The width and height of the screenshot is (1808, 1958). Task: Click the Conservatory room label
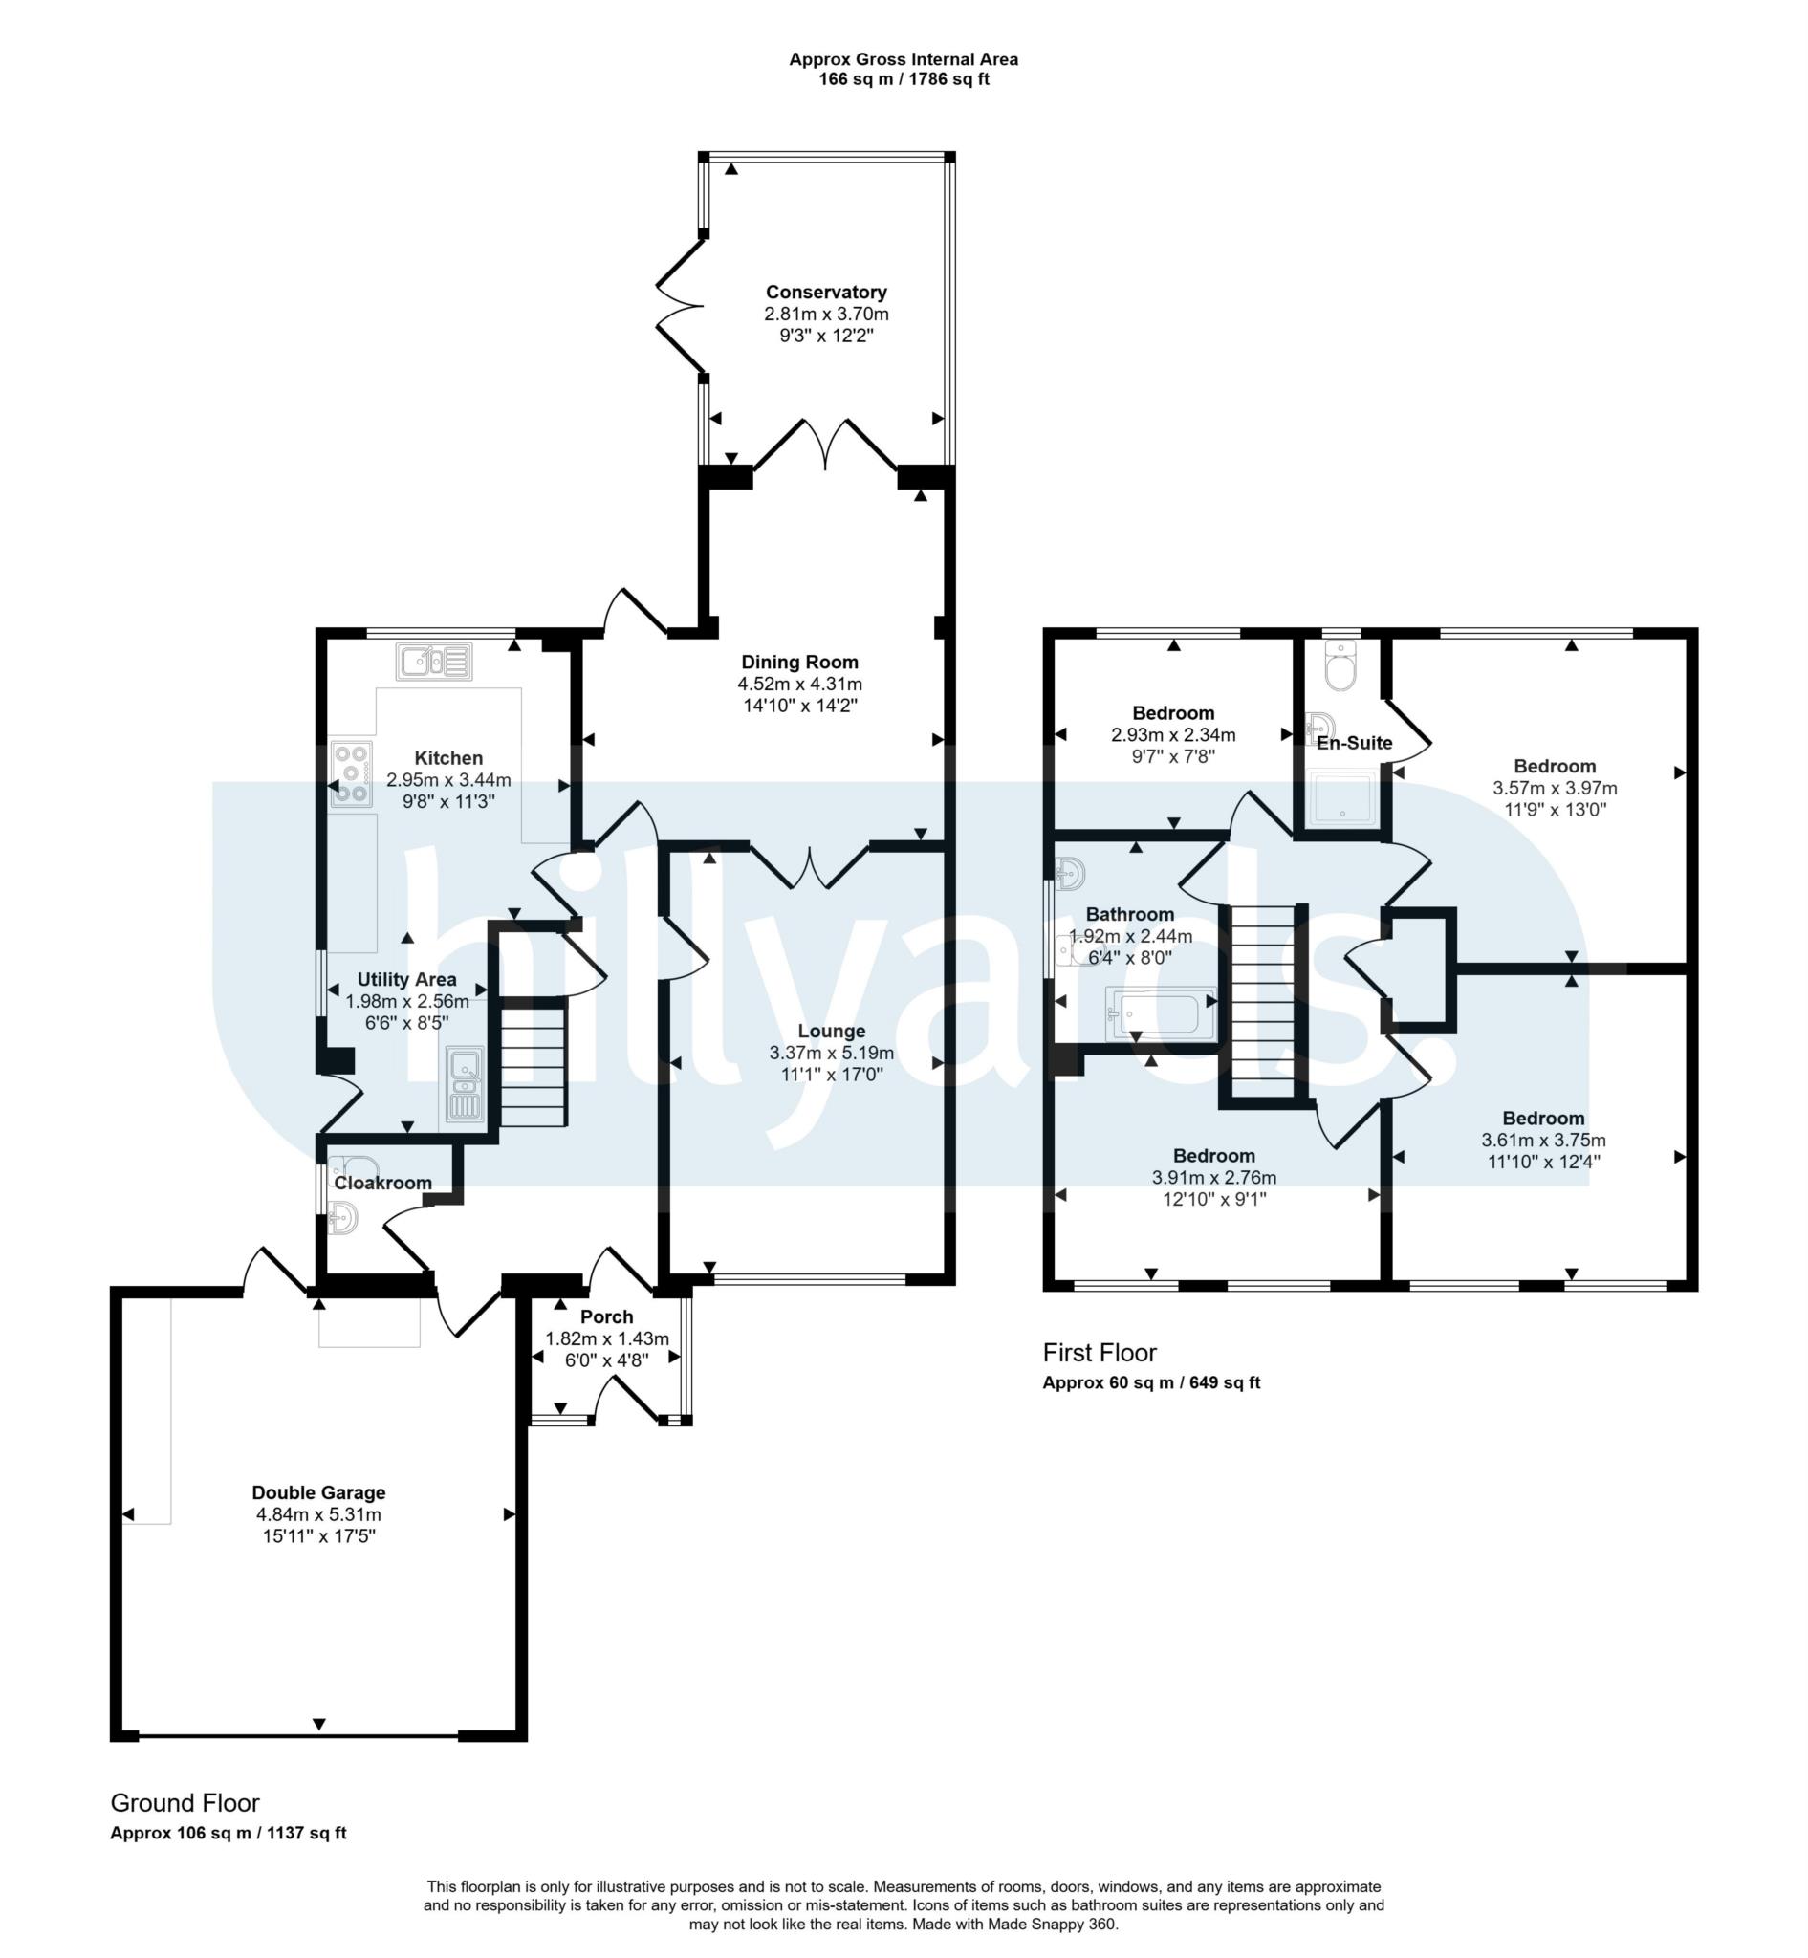pyautogui.click(x=826, y=292)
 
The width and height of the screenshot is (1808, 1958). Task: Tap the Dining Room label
pyautogui.click(x=799, y=662)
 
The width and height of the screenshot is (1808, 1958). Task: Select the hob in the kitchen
pyautogui.click(x=351, y=774)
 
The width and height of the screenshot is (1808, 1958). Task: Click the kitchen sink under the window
pyautogui.click(x=434, y=662)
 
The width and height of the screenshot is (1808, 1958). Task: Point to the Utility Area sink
pyautogui.click(x=464, y=1083)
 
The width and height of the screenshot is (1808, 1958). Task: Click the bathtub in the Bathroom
pyautogui.click(x=1161, y=1013)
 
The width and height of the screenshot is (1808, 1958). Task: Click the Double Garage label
pyautogui.click(x=319, y=1492)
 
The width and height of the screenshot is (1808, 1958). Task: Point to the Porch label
pyautogui.click(x=606, y=1317)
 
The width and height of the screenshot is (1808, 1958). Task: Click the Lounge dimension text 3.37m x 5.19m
pyautogui.click(x=832, y=1053)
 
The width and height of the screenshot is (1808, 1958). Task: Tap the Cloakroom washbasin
pyautogui.click(x=342, y=1218)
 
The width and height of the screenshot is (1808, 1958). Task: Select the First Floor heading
pyautogui.click(x=1100, y=1352)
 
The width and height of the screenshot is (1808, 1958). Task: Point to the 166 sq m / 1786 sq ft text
pyautogui.click(x=904, y=79)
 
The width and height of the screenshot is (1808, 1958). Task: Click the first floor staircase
pyautogui.click(x=1262, y=1001)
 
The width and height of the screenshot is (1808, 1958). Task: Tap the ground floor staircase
pyautogui.click(x=534, y=1061)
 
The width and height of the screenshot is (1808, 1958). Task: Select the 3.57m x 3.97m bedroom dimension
pyautogui.click(x=1555, y=788)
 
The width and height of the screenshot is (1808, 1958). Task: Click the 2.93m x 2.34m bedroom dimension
pyautogui.click(x=1173, y=735)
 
